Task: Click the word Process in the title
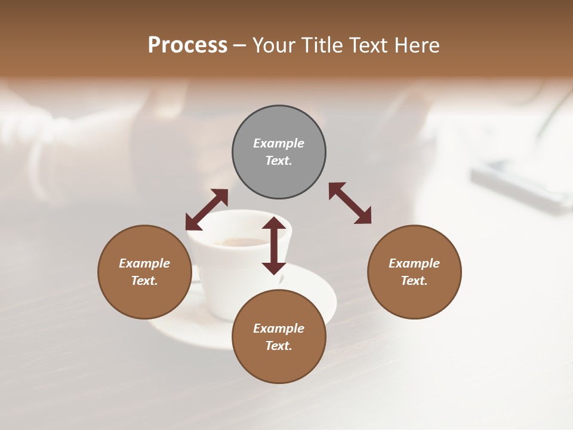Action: [x=187, y=45]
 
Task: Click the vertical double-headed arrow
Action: [x=274, y=245]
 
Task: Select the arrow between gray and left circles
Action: [x=207, y=210]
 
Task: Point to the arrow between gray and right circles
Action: [x=350, y=203]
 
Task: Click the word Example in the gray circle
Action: [x=279, y=143]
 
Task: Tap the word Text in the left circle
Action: [x=144, y=281]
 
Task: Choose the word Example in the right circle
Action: [x=414, y=263]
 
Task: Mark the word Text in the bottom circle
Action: [x=279, y=346]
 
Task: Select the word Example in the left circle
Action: [x=144, y=263]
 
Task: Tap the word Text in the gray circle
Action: [x=279, y=161]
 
